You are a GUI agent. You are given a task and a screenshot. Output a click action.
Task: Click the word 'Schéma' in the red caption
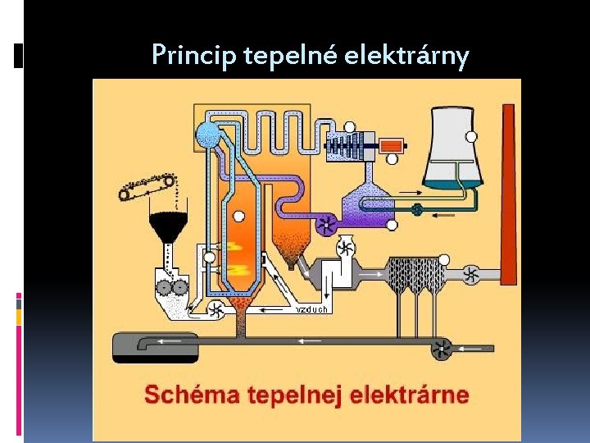point(184,395)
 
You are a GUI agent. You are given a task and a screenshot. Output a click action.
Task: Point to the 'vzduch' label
point(311,309)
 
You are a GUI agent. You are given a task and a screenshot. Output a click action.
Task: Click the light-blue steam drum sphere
point(208,135)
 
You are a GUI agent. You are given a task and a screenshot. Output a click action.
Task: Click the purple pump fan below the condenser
point(326,221)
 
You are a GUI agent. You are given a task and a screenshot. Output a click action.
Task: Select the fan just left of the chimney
point(471,274)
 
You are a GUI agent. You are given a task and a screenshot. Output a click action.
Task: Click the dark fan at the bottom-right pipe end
point(443,349)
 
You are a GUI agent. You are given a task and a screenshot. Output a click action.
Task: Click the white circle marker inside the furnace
point(238,217)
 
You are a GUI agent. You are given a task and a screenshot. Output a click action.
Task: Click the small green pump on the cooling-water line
point(418,209)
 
